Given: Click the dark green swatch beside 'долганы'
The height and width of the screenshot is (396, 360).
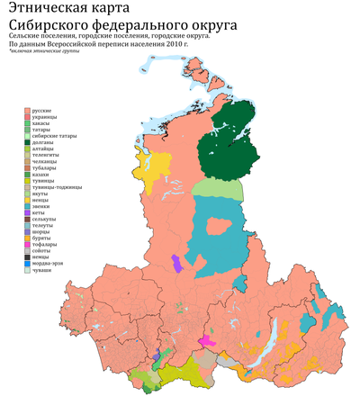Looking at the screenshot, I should click(26, 142).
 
